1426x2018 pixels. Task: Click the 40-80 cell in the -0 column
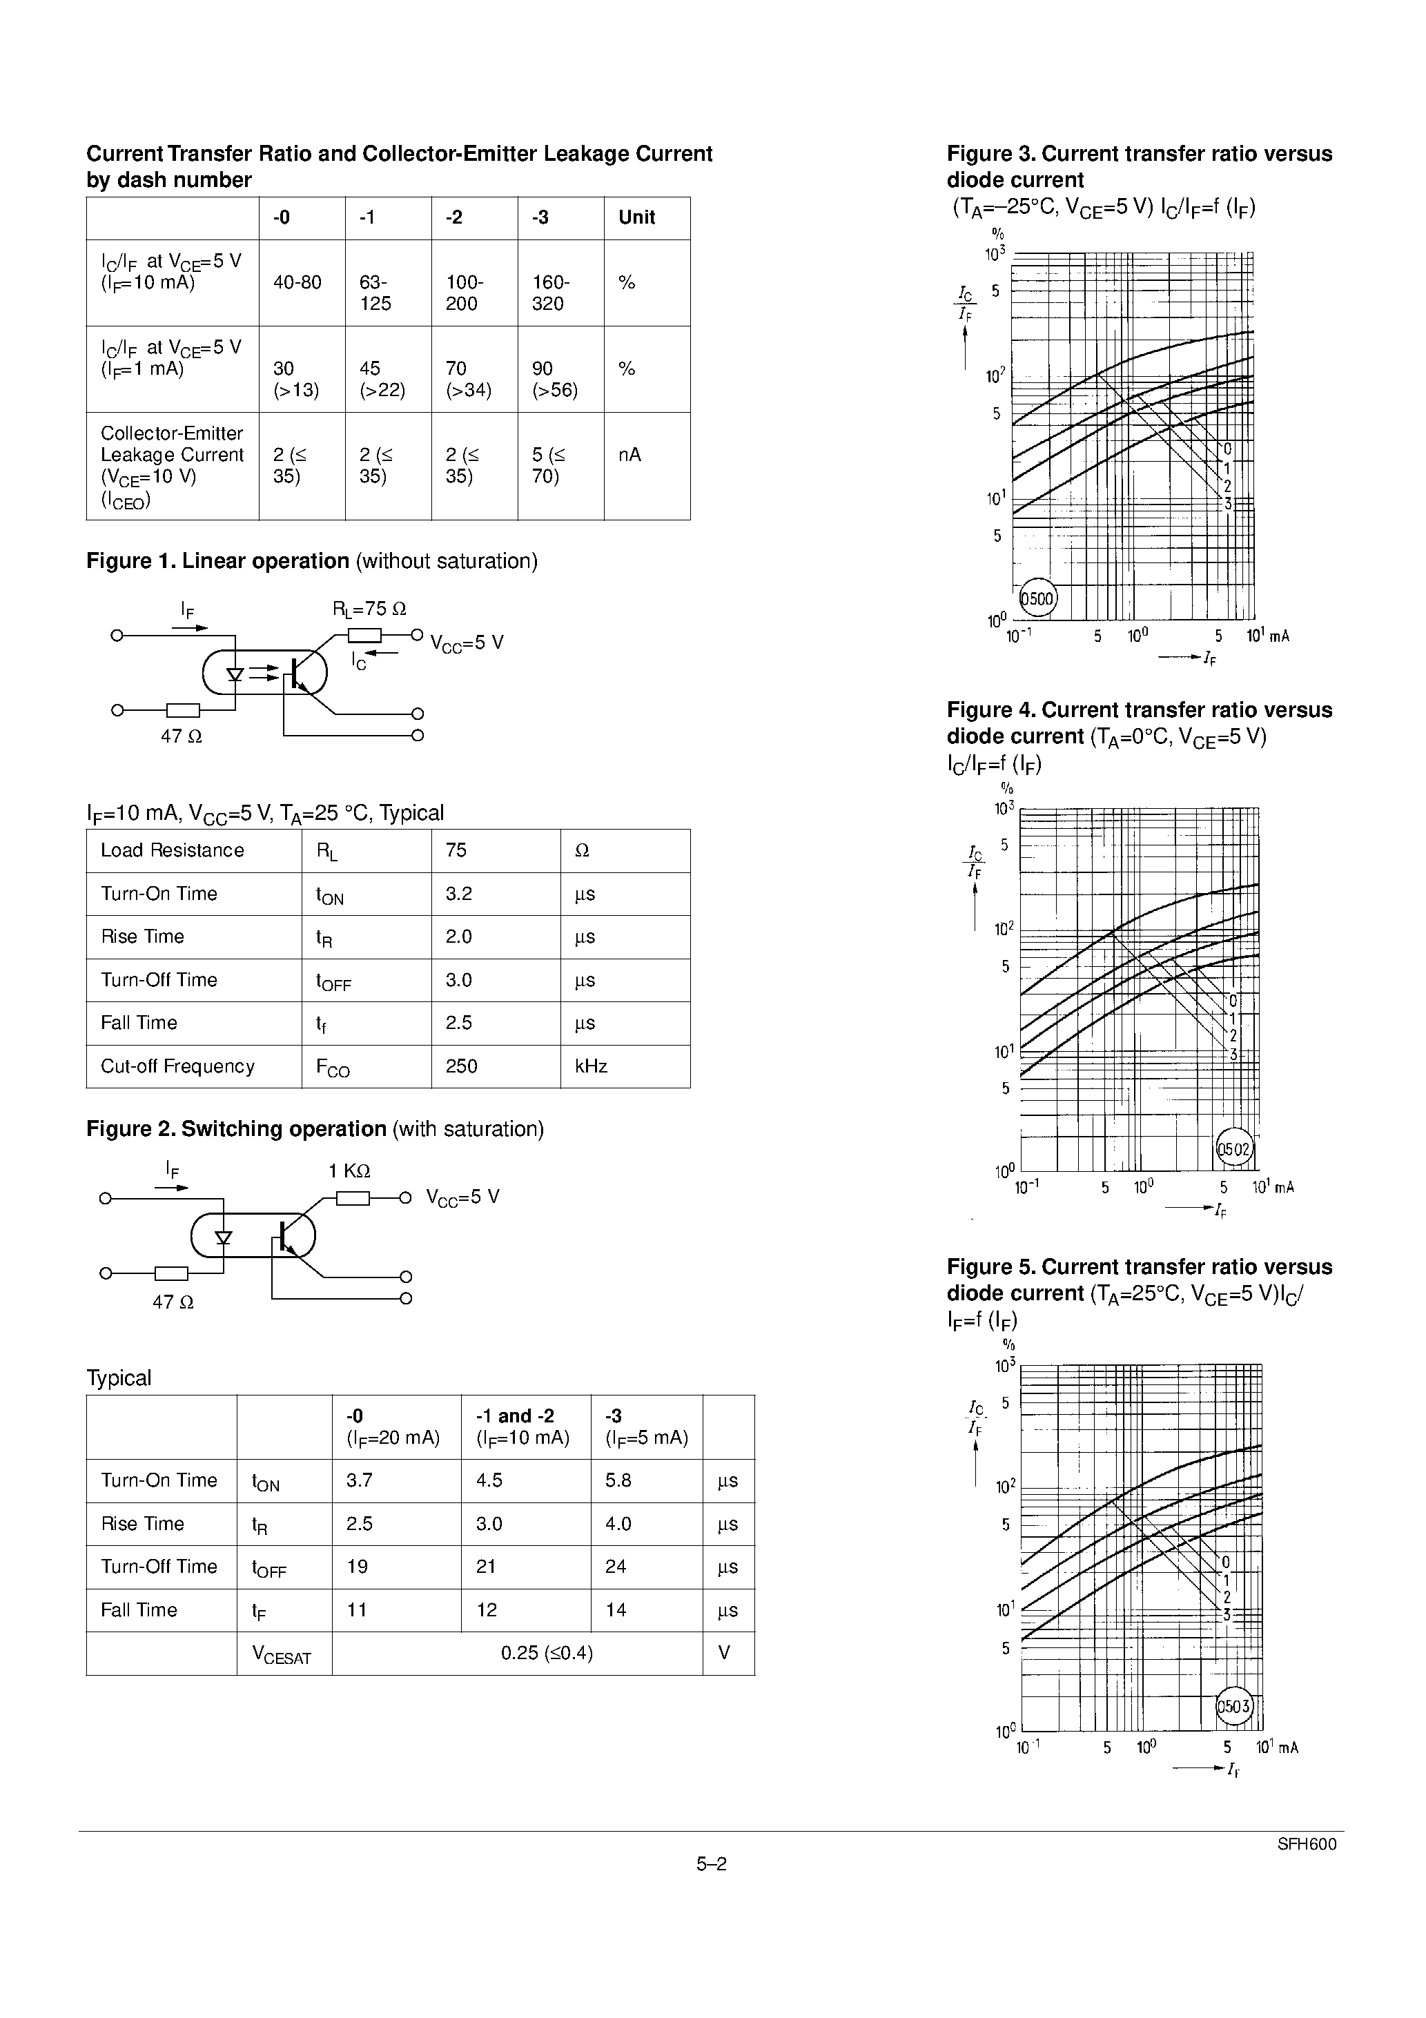[x=297, y=282]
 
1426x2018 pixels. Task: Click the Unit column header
[x=636, y=217]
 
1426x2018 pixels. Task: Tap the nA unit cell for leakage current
[x=629, y=454]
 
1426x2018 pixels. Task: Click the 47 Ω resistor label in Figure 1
[x=181, y=736]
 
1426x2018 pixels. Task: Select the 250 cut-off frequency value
[x=462, y=1066]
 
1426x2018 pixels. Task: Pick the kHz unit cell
[x=591, y=1066]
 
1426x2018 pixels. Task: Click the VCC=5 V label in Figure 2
[x=462, y=1197]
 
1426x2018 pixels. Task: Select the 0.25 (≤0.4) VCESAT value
[x=547, y=1653]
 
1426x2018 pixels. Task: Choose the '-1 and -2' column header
[x=514, y=1416]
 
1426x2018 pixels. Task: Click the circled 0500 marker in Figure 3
[x=1037, y=600]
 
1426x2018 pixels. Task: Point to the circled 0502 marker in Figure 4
[x=1233, y=1148]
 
